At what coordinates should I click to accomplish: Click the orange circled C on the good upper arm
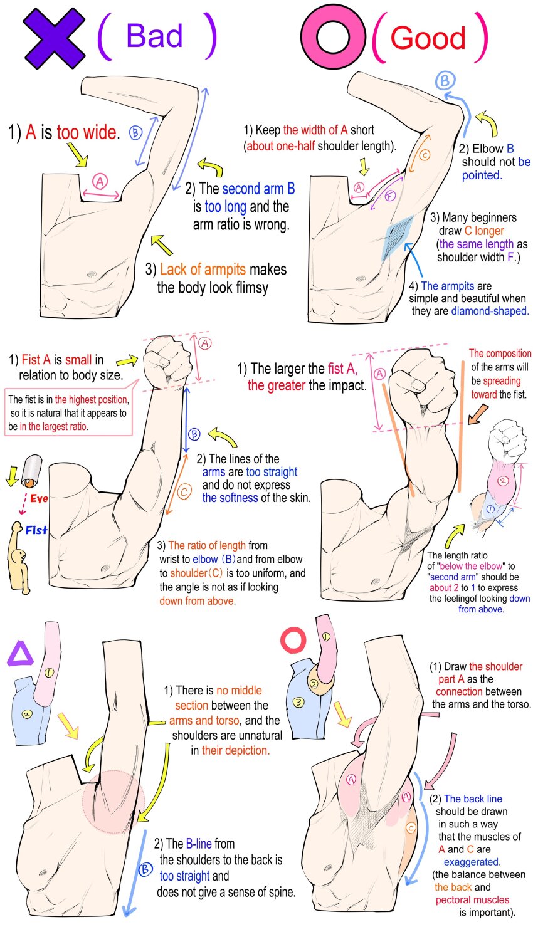(x=425, y=155)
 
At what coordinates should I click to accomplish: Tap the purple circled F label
(x=389, y=196)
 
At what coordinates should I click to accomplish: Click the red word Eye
(x=39, y=498)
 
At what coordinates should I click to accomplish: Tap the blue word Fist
(x=36, y=530)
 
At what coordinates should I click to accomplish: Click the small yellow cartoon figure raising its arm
(x=18, y=557)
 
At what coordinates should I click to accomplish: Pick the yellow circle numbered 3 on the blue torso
(x=298, y=702)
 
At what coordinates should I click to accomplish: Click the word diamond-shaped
(x=490, y=311)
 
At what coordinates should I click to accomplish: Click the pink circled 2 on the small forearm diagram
(x=502, y=481)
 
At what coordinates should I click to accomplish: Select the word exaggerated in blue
(x=472, y=862)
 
